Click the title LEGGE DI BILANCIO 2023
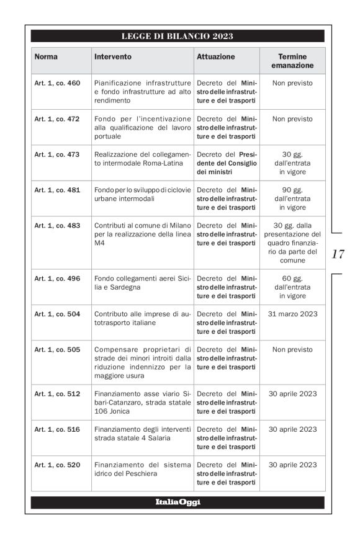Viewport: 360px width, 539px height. [x=177, y=36]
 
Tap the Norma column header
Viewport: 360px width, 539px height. [x=46, y=56]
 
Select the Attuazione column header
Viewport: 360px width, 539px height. [x=215, y=56]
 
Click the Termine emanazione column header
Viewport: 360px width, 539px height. [x=292, y=61]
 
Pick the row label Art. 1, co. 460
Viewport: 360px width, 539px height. [x=57, y=83]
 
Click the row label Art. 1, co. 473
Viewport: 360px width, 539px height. [x=57, y=154]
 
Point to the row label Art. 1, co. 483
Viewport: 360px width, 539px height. [x=57, y=226]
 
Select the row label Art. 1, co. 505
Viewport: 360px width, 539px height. [x=57, y=350]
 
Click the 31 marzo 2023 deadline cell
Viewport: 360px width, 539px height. [x=292, y=314]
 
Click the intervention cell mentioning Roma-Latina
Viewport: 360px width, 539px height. [x=142, y=159]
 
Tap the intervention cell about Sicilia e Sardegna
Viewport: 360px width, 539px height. [x=142, y=283]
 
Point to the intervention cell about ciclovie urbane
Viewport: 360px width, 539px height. [x=142, y=194]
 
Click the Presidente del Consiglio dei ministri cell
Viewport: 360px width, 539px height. [x=227, y=163]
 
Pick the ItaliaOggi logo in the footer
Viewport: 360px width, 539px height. [x=178, y=502]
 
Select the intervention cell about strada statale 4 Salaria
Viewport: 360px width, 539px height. [x=142, y=434]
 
